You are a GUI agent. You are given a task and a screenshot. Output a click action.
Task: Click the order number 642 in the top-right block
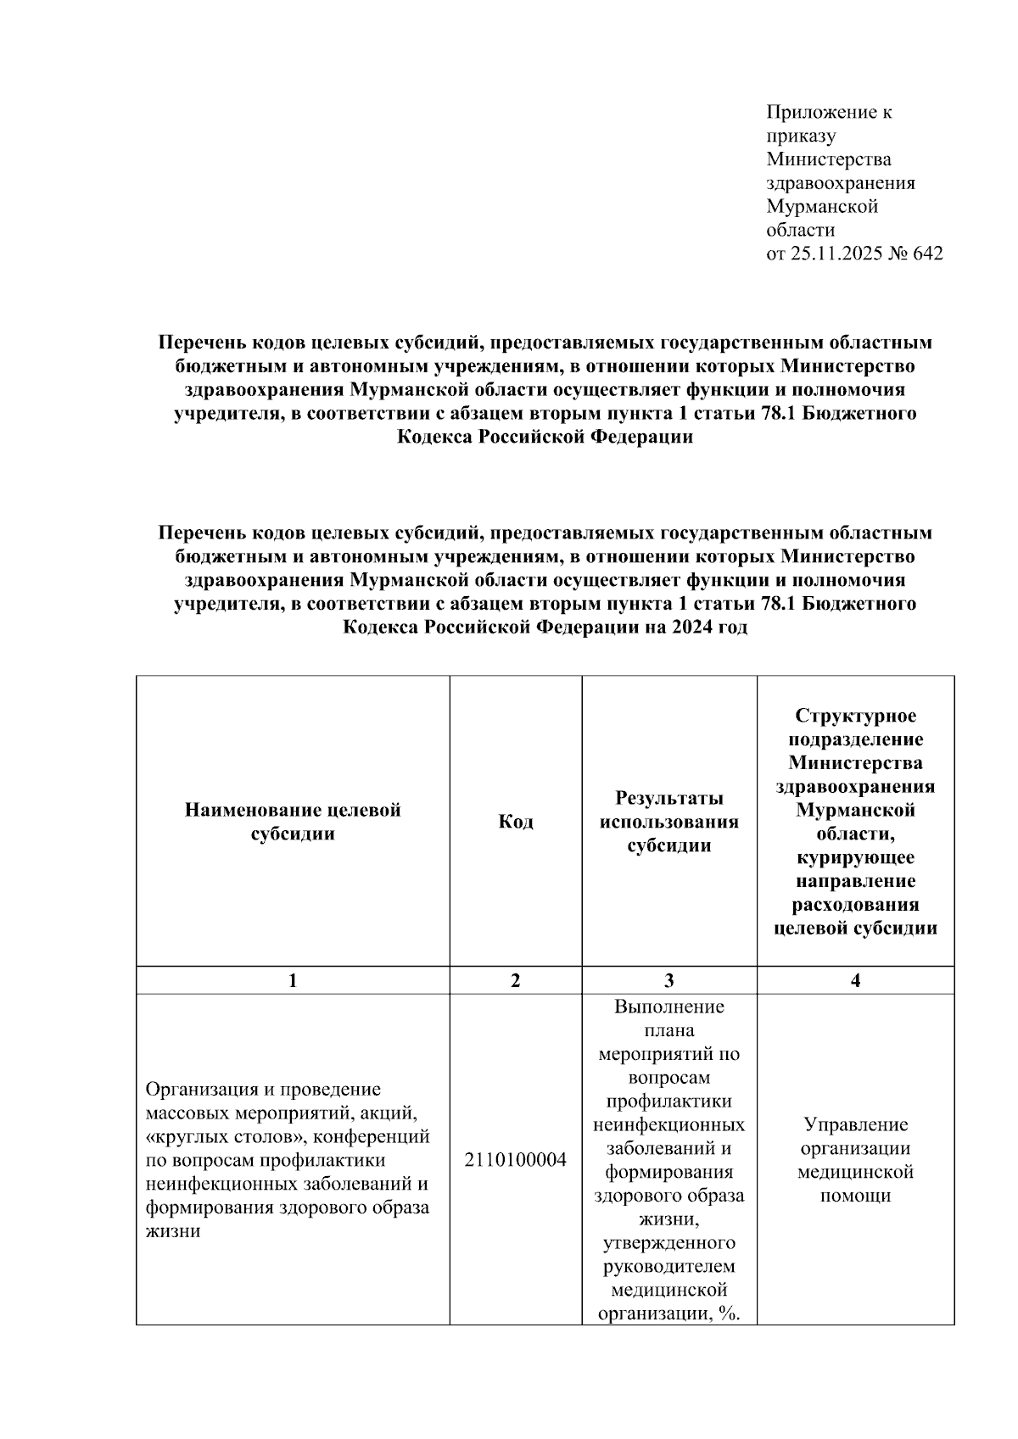coord(927,254)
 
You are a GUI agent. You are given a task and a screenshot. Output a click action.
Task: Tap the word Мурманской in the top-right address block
coord(822,206)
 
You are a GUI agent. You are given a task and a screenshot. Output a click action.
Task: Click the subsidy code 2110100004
coord(516,1160)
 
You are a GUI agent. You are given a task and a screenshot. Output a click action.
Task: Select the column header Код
coord(516,822)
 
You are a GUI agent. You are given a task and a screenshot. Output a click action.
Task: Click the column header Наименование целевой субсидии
coord(293,822)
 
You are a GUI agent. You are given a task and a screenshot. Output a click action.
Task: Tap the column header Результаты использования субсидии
coord(668,822)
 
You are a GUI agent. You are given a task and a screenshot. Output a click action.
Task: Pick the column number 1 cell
coord(293,981)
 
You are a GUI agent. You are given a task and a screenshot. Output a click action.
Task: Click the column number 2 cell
coord(516,981)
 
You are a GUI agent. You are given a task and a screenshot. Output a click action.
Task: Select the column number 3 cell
coord(668,981)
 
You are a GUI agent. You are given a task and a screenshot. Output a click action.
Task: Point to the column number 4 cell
coord(855,981)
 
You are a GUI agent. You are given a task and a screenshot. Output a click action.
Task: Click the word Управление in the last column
coord(855,1125)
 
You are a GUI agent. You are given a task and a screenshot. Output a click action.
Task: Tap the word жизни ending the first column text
coord(173,1231)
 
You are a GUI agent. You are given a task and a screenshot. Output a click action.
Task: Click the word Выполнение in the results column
coord(668,1007)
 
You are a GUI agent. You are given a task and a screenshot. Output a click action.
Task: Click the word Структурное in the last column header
coord(855,716)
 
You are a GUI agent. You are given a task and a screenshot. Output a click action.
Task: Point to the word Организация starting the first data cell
coord(202,1089)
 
